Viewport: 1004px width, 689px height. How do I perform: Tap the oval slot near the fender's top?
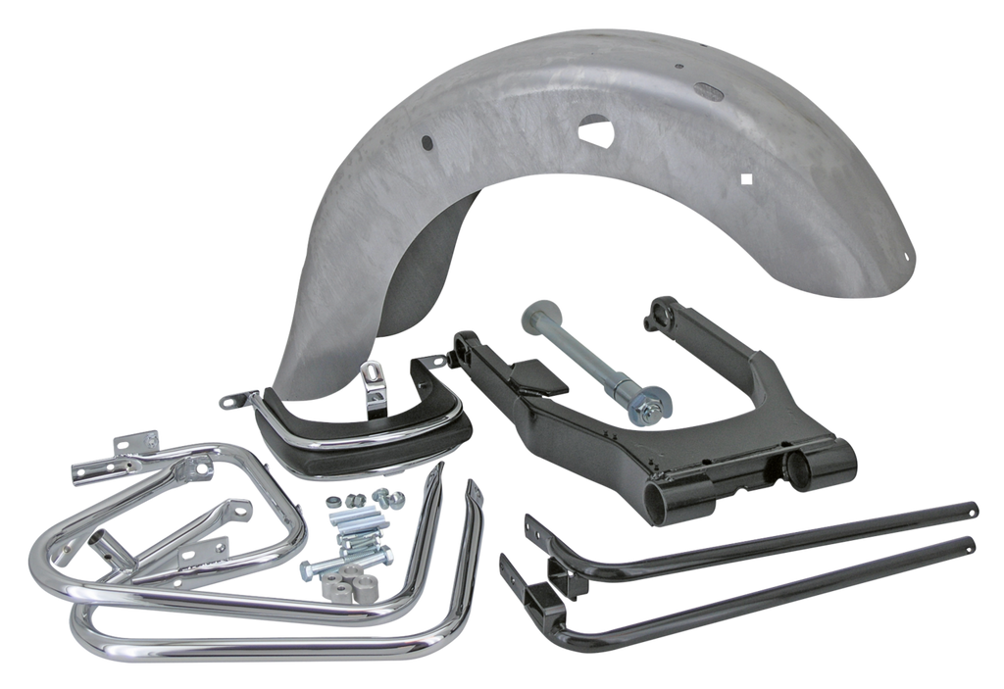[x=706, y=91]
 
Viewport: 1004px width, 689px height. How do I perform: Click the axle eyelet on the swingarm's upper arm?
[x=654, y=319]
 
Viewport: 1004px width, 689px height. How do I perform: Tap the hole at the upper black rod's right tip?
[x=974, y=508]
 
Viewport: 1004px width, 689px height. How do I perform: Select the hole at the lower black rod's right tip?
[x=971, y=541]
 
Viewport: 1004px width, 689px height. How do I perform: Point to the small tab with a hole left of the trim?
[x=232, y=400]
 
